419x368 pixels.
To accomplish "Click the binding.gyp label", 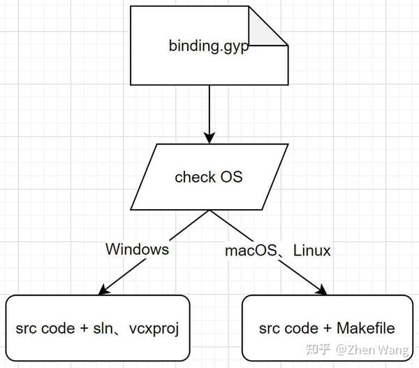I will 209,46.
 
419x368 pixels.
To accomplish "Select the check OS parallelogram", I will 209,176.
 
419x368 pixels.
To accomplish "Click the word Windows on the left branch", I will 137,248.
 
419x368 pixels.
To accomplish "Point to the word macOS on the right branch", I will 248,249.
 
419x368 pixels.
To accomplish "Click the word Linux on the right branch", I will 311,249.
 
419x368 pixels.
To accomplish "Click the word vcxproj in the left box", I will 154,328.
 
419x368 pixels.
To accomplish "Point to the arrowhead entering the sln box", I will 106,288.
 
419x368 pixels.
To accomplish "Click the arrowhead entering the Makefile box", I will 323,288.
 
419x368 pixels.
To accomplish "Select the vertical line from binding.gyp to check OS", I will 209,108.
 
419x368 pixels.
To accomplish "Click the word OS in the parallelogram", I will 231,176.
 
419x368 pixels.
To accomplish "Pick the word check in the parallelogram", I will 195,176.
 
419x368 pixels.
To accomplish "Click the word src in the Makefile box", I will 269,328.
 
